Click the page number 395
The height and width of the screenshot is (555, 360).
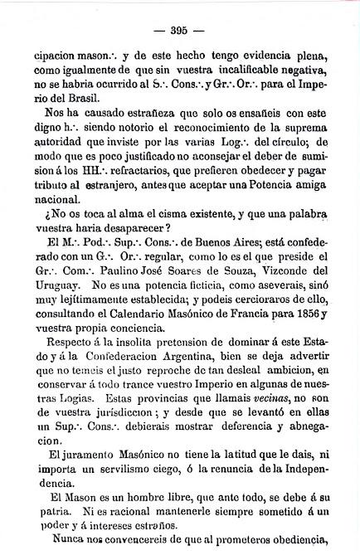180,32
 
